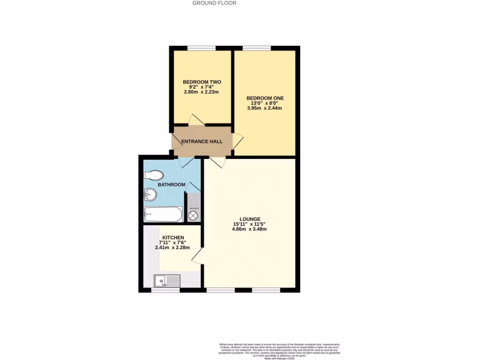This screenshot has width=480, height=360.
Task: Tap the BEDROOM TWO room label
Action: [x=202, y=82]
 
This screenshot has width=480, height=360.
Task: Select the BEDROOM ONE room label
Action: [x=265, y=98]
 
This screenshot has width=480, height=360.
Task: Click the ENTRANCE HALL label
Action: [x=202, y=142]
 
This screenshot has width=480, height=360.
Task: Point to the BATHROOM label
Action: [x=171, y=185]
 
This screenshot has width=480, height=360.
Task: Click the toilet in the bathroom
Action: [x=153, y=175]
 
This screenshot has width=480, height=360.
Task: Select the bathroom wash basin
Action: [x=150, y=194]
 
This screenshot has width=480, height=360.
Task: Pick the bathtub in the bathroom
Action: [x=163, y=215]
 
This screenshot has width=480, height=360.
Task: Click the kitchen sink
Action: [x=167, y=281]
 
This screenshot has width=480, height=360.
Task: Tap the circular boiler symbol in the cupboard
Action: [x=193, y=216]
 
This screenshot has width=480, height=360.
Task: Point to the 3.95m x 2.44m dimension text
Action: [x=264, y=108]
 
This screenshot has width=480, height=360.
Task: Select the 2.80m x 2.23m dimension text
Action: [x=202, y=92]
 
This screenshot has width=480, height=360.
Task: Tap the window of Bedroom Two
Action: [x=202, y=48]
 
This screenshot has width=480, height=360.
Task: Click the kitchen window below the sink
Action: [x=165, y=290]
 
